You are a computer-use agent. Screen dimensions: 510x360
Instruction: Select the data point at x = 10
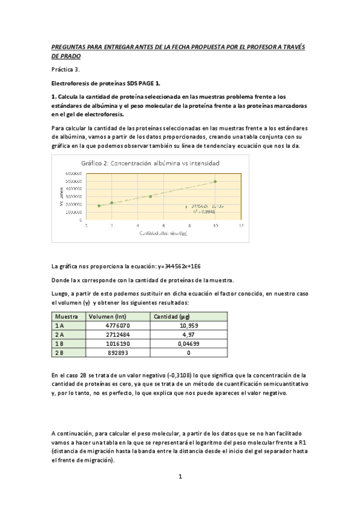(x=215, y=181)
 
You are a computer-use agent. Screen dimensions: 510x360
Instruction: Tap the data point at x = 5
(x=150, y=196)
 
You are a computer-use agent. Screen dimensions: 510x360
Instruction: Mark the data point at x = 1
(x=99, y=206)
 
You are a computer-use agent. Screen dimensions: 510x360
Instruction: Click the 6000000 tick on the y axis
(x=74, y=173)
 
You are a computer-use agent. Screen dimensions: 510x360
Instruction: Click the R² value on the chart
(x=204, y=212)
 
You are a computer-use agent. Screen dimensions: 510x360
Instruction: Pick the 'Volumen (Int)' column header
(x=107, y=316)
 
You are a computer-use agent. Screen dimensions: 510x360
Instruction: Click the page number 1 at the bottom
(x=180, y=476)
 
